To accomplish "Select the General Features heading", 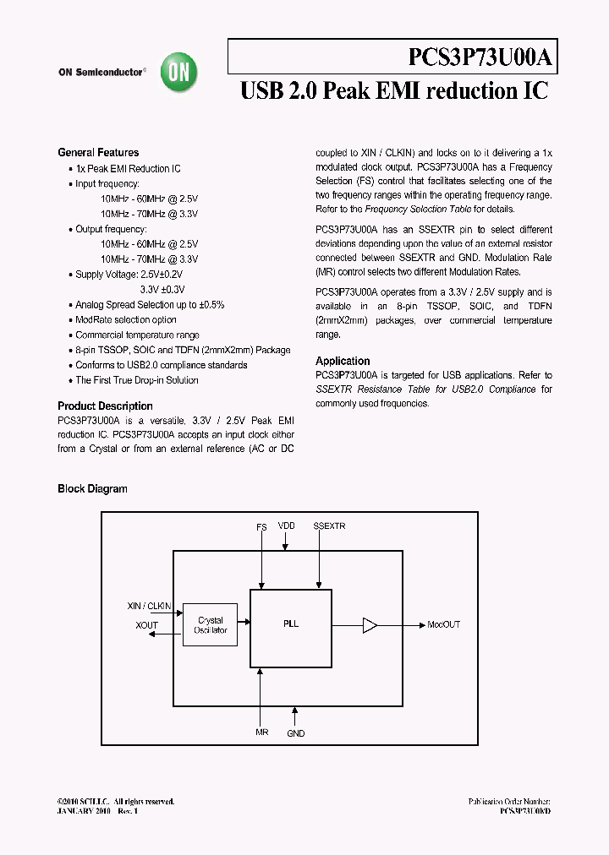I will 98,153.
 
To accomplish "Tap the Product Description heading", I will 105,406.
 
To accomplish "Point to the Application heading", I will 343,361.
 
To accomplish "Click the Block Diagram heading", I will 92,488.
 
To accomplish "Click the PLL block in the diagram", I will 291,625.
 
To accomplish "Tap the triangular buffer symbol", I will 369,625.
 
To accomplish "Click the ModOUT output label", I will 443,625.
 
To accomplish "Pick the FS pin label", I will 262,526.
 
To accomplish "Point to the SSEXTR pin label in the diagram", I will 329,526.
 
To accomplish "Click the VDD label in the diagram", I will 287,526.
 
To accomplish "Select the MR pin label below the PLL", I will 262,732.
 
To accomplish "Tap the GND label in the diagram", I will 295,733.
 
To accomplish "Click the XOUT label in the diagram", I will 147,625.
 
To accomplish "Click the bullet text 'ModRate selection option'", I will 126,319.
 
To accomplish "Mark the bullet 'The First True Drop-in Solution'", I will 137,380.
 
